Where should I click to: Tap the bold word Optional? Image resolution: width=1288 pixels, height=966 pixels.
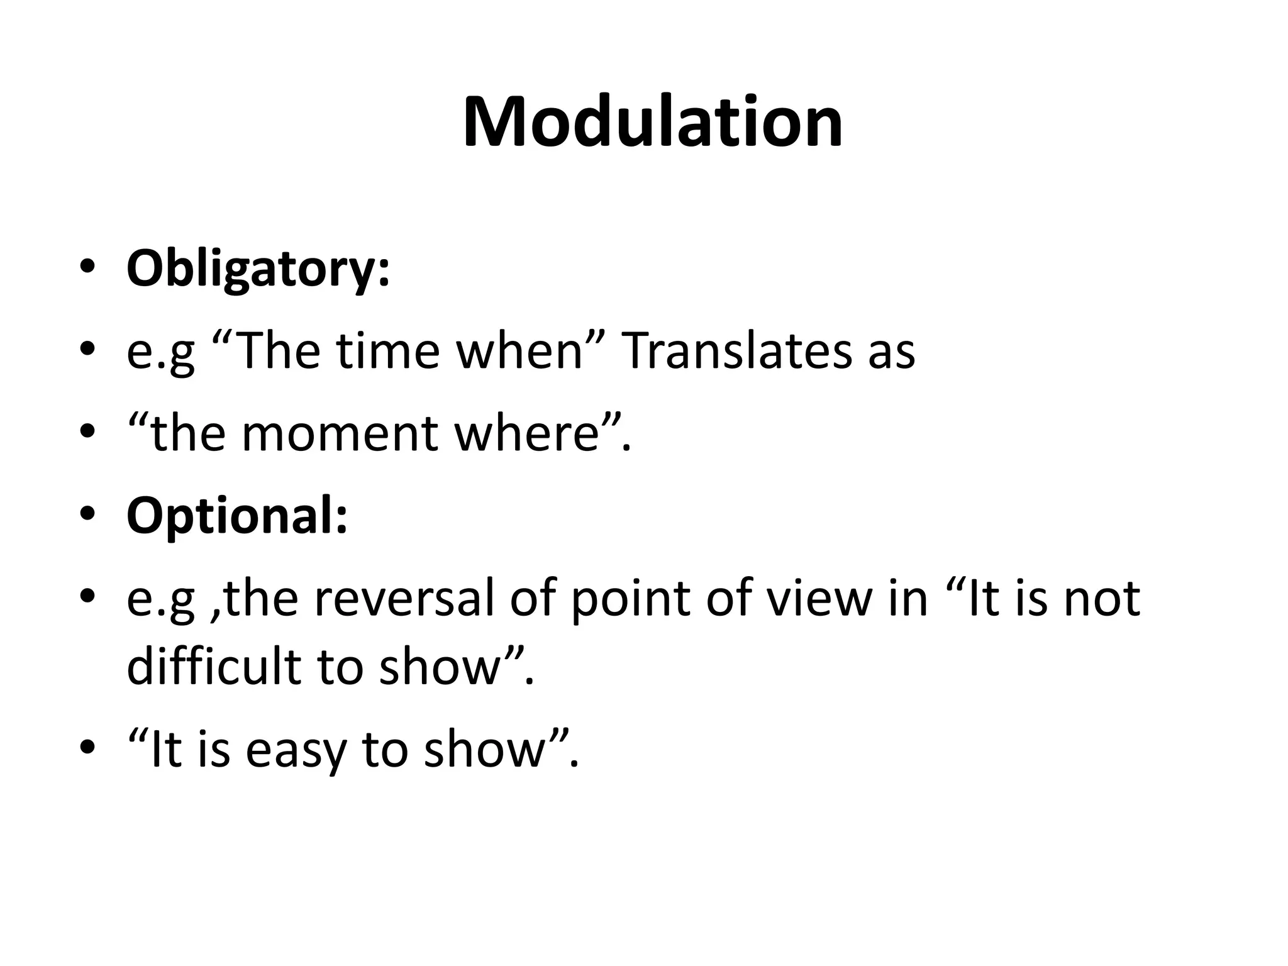tap(237, 516)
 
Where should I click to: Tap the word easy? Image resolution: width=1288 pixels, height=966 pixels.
tap(296, 752)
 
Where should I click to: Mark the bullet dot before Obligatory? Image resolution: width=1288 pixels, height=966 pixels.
tap(87, 268)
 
